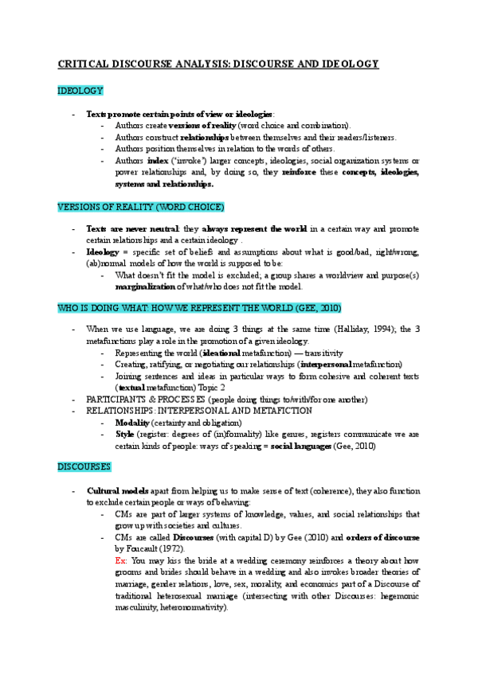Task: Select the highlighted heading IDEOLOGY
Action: tap(80, 92)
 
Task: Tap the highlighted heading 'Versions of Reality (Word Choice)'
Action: tap(141, 207)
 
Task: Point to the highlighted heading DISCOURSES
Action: tap(84, 466)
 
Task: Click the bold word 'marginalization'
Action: tap(147, 287)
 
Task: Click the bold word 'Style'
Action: tap(124, 435)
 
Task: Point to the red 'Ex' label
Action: tap(120, 561)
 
